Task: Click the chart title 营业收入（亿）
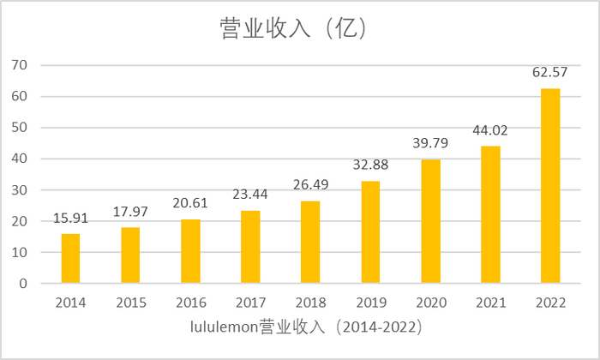[x=292, y=28]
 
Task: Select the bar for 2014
[x=70, y=258]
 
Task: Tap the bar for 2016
[x=190, y=251]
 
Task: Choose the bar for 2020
[x=430, y=221]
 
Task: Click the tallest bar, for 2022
[x=550, y=185]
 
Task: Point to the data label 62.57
[x=550, y=72]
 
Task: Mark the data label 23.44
[x=250, y=195]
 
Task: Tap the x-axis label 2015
[x=130, y=303]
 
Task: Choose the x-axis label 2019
[x=370, y=303]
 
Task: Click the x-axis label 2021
[x=490, y=303]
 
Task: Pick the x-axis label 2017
[x=250, y=303]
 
